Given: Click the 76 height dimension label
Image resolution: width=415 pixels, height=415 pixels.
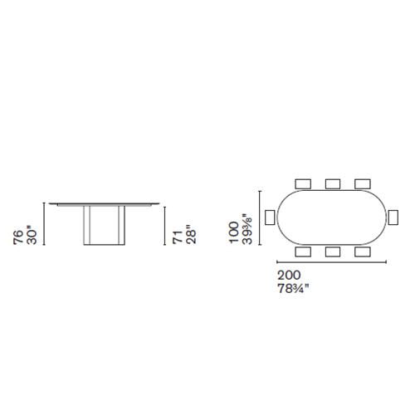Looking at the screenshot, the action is [x=18, y=237].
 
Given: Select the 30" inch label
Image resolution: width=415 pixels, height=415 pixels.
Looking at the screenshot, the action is [x=32, y=236].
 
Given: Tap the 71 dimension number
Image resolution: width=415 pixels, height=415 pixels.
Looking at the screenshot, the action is [x=178, y=237].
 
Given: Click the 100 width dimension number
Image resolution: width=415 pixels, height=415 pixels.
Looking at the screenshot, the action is [x=234, y=232].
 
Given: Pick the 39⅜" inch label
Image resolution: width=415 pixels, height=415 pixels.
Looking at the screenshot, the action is [x=247, y=229].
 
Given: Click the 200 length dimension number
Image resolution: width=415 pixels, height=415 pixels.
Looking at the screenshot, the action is [x=289, y=276].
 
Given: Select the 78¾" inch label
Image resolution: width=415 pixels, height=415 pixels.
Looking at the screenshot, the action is [x=293, y=289].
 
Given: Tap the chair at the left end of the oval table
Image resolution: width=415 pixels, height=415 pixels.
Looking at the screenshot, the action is [x=270, y=217].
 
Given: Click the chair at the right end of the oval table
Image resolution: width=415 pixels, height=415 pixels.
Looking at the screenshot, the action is [x=393, y=217].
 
